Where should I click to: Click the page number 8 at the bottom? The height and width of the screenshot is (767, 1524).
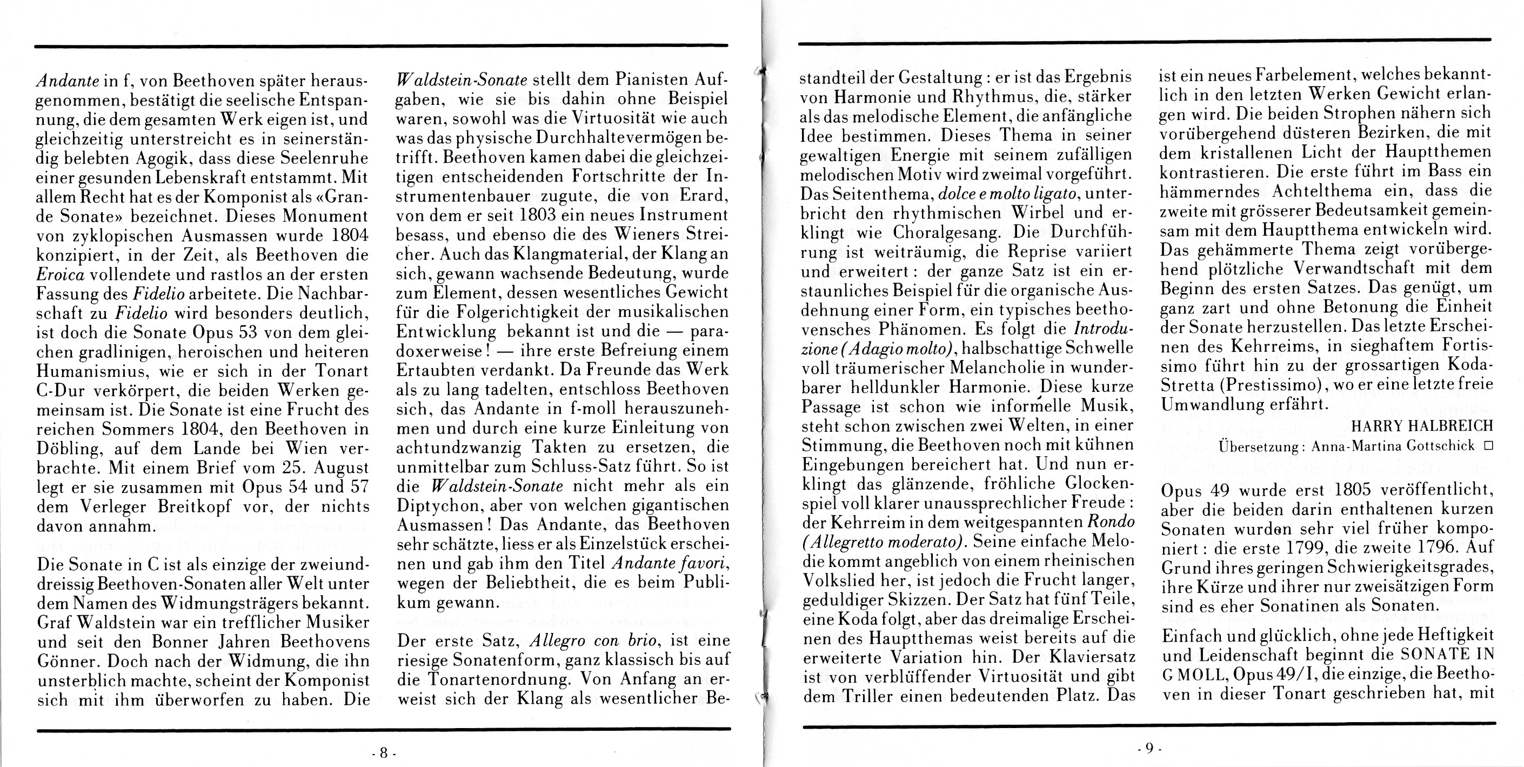pos(383,753)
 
